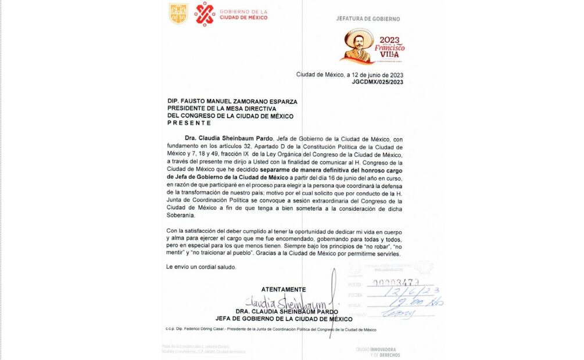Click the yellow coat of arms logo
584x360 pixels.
point(178,14)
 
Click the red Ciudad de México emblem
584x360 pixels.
point(205,14)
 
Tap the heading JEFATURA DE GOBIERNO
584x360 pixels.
point(368,19)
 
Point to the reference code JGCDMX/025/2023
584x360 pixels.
point(377,82)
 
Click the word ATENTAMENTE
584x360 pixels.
point(284,289)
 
